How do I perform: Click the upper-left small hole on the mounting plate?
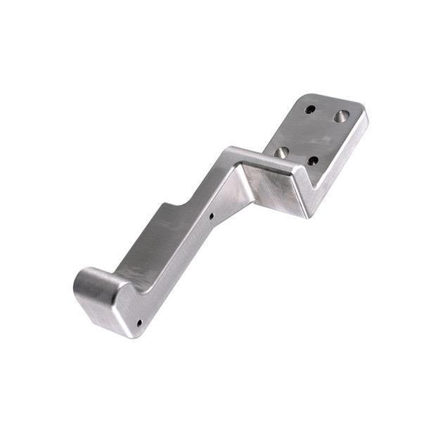point(310,109)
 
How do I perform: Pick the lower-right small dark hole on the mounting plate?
point(313,161)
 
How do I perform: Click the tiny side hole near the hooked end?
point(139,323)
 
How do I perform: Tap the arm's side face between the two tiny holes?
point(176,271)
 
